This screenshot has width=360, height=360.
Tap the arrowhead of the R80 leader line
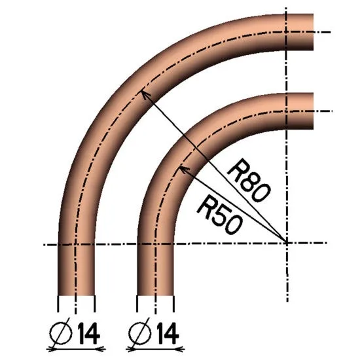[144, 93]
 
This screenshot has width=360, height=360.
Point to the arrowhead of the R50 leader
[181, 168]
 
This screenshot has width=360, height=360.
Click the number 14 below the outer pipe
[88, 335]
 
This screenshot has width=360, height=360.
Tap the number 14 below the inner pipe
[167, 335]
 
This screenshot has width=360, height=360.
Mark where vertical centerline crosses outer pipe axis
[287, 31]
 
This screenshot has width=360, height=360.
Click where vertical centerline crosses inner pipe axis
[287, 111]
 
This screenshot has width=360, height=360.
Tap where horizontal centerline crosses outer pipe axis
[77, 244]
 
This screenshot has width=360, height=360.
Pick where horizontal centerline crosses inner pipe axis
[155, 244]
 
